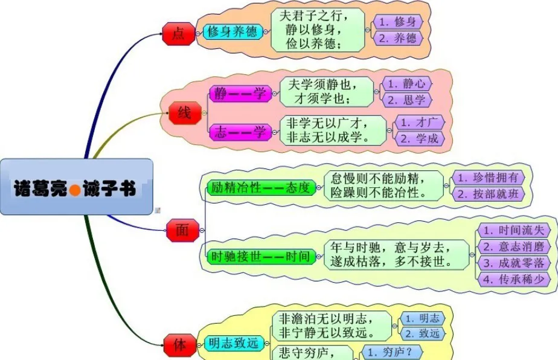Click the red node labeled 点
click(179, 34)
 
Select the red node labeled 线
click(185, 113)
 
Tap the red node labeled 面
click(182, 230)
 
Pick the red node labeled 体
click(180, 345)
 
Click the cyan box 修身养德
click(232, 32)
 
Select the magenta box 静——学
click(240, 94)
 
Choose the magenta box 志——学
click(240, 132)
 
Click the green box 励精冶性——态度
click(261, 188)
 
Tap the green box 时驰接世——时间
click(261, 256)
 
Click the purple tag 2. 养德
click(398, 38)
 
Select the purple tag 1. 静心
click(407, 84)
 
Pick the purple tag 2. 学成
click(420, 138)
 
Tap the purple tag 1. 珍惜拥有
click(488, 178)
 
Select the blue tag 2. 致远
click(423, 333)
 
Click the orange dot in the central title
click(75, 190)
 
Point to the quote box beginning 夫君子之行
click(318, 30)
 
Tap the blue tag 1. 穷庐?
click(392, 352)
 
